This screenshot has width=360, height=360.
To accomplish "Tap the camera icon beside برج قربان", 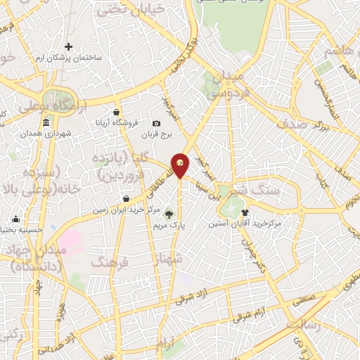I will click(157, 123).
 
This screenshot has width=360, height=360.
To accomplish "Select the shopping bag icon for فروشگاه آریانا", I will click(117, 112).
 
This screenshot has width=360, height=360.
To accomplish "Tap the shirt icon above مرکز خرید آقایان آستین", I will click(245, 212).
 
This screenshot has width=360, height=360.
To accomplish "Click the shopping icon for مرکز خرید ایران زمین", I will click(125, 199).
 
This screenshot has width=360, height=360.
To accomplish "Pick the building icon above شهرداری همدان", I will click(46, 124).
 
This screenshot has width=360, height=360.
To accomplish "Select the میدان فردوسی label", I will click(228, 82).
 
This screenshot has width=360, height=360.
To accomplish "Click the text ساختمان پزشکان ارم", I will click(69, 58).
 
